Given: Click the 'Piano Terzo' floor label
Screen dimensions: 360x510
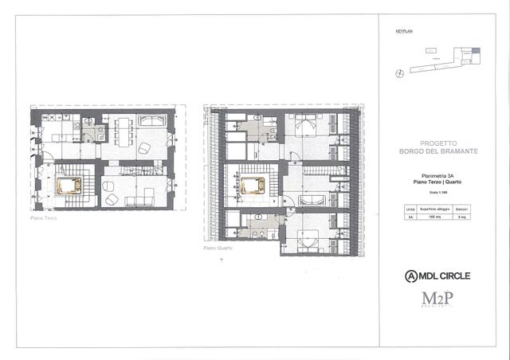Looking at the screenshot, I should pos(44,217).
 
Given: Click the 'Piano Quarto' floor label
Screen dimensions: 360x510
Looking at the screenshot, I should pos(217,248).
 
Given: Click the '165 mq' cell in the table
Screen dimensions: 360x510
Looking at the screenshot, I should pos(436,216).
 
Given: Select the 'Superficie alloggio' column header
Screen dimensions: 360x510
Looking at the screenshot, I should pos(436,209).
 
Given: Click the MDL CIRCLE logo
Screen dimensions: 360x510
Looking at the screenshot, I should pos(437,276).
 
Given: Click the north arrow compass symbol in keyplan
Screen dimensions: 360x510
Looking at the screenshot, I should pos(398,72).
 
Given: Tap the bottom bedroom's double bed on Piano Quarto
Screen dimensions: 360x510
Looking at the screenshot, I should pos(308,236).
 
